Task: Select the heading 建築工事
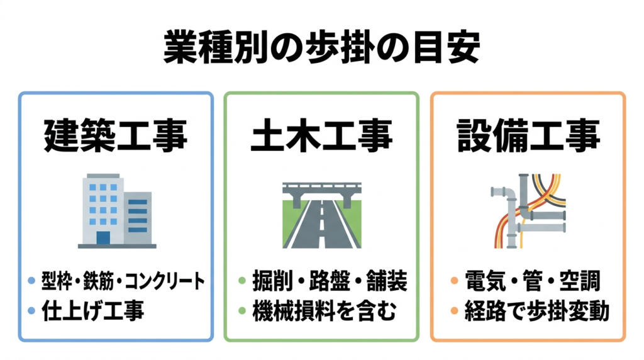click(116, 135)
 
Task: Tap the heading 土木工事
click(321, 135)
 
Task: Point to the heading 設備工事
click(528, 135)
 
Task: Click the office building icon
click(117, 211)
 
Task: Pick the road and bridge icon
click(321, 215)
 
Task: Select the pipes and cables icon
click(528, 211)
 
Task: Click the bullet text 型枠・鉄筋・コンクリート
click(123, 281)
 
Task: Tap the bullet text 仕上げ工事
click(93, 311)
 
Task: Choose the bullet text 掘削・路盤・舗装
click(330, 281)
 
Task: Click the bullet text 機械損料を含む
click(325, 311)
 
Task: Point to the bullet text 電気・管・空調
click(533, 281)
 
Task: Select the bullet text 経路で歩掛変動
click(537, 311)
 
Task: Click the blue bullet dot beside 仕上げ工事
click(31, 311)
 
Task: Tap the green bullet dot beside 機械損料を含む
click(242, 311)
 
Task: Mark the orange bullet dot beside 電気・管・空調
click(454, 281)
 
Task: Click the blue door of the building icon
click(103, 238)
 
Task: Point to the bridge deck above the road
click(322, 188)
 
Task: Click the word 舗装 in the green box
click(387, 281)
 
